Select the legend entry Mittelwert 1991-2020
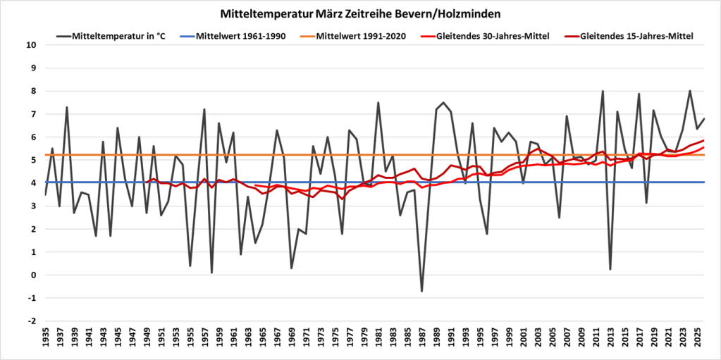(x=361, y=36)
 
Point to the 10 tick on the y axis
(x=31, y=45)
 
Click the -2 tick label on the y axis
(x=31, y=321)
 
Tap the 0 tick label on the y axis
(x=33, y=275)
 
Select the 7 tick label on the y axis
(x=33, y=114)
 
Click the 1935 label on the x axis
(x=45, y=340)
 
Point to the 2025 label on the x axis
(x=697, y=340)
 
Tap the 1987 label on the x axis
(x=422, y=340)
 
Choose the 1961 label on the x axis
(x=233, y=340)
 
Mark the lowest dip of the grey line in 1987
(x=422, y=291)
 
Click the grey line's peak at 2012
(x=603, y=91)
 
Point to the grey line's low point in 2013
(x=610, y=269)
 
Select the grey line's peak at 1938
(x=67, y=107)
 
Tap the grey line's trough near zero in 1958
(x=211, y=273)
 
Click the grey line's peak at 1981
(x=378, y=102)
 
